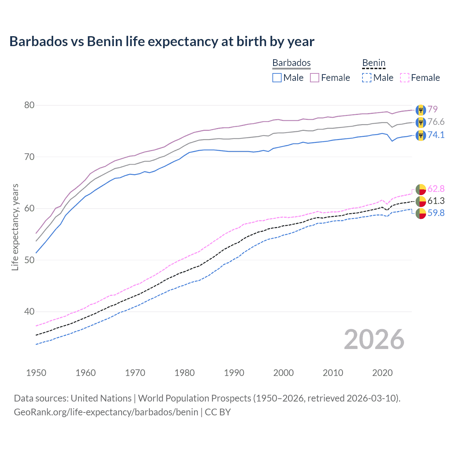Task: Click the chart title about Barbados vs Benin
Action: coord(162,41)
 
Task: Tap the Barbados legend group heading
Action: coord(291,63)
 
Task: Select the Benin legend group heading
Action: coord(373,63)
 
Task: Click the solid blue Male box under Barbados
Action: coord(277,78)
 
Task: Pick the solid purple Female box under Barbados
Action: coord(315,78)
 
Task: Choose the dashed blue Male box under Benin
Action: coord(367,78)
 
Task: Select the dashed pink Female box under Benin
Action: coord(405,78)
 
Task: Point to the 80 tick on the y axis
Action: coord(29,105)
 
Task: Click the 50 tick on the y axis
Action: coord(29,260)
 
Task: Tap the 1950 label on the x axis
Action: coord(36,373)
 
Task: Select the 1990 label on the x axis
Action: coord(234,373)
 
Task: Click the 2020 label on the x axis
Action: coord(382,373)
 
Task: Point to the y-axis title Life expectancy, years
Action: coord(15,227)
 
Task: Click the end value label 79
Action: coord(432,109)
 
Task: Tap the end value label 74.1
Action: coord(436,135)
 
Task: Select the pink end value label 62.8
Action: coord(436,189)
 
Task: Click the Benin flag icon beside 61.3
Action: coord(421,201)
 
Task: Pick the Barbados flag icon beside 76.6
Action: coord(421,123)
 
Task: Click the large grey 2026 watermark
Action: coord(374,339)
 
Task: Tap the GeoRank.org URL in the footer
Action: coord(106,412)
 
